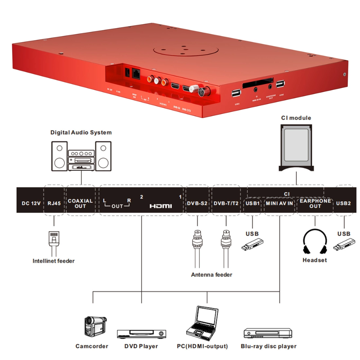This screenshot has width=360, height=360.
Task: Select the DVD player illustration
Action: [141, 334]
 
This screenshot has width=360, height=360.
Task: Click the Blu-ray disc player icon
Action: [268, 333]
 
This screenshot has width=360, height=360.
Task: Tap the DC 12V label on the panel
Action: [31, 203]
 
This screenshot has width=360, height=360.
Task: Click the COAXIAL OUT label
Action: [80, 203]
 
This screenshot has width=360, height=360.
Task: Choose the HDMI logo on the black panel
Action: [161, 206]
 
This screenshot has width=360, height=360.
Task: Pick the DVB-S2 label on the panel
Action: [197, 203]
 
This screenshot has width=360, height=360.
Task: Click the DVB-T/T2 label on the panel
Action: [226, 203]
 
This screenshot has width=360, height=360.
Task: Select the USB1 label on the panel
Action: [252, 203]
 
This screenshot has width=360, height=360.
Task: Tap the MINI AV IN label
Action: [279, 203]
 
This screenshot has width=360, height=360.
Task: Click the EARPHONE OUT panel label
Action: [315, 203]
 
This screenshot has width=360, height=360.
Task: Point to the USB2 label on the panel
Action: [343, 203]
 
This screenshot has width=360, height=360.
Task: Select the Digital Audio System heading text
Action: [81, 133]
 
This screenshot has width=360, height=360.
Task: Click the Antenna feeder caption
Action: [211, 275]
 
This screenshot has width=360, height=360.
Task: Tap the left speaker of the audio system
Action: [60, 156]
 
